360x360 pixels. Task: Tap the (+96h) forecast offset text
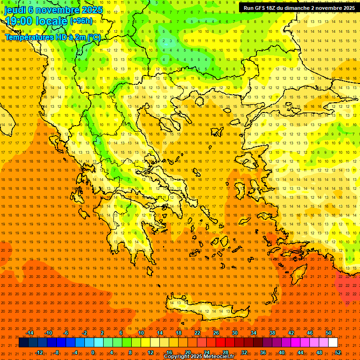81,21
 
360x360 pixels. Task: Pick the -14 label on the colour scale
30,333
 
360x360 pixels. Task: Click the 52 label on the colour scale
338,352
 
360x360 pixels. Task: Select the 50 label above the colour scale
329,333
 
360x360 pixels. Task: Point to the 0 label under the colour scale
93,352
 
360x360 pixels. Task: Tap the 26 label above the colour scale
216,333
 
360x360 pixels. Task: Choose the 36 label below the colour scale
263,352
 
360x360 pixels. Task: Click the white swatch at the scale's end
333,343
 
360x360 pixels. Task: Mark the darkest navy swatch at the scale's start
23,343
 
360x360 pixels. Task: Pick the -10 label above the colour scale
48,333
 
